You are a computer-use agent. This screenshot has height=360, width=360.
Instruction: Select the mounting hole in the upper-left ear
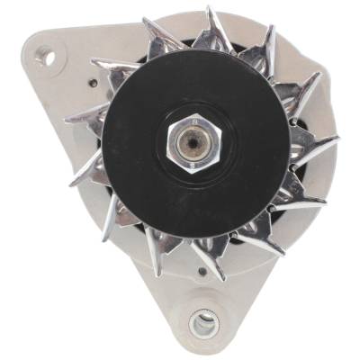[47, 58]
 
